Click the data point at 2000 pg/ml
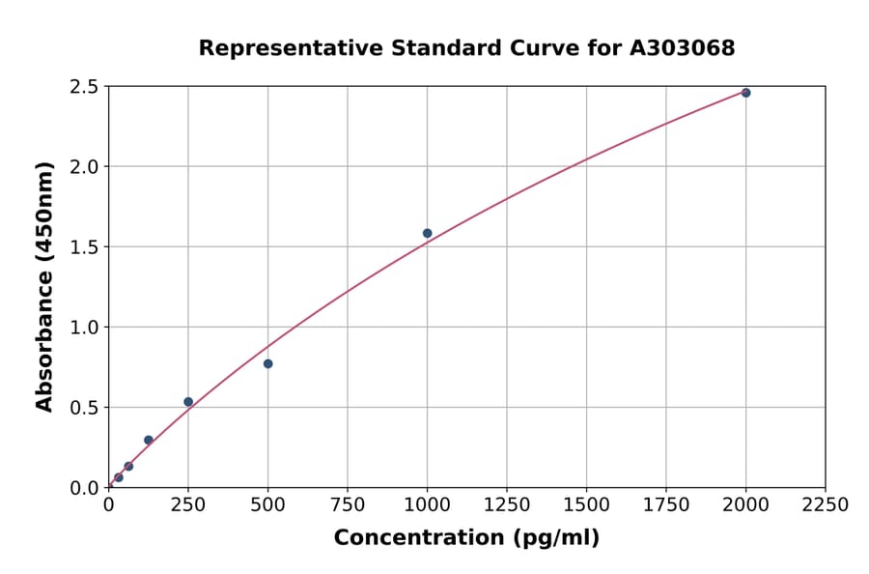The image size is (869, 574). [745, 93]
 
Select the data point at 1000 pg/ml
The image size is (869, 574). [427, 233]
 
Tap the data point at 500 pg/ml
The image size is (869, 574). [267, 363]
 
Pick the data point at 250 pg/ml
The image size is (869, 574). [188, 402]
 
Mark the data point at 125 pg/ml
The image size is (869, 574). [149, 440]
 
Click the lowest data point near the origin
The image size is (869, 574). [119, 477]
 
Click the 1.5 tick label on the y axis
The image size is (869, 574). [85, 247]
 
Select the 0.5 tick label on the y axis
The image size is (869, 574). [85, 408]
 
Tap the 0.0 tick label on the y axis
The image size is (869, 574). [85, 488]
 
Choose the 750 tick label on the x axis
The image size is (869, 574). [348, 505]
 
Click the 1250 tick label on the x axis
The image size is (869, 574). [507, 505]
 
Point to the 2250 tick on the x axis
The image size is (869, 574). [826, 505]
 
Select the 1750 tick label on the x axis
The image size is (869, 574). [666, 505]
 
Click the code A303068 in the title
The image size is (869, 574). [683, 48]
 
